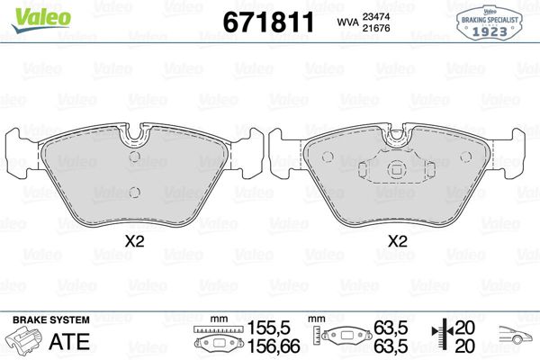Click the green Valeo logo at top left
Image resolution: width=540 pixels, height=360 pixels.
41,19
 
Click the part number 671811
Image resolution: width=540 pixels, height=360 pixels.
268,22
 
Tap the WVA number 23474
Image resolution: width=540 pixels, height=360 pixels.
375,16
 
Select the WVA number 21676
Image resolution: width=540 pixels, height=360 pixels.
375,28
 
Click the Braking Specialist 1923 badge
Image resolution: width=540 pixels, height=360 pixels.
490,23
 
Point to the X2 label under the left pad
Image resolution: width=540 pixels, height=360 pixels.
134,241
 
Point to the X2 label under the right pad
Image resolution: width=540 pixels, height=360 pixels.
398,241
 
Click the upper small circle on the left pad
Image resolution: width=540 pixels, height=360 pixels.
135,157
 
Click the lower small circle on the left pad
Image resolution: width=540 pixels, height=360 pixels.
135,193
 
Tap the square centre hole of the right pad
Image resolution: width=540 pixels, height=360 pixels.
397,170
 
